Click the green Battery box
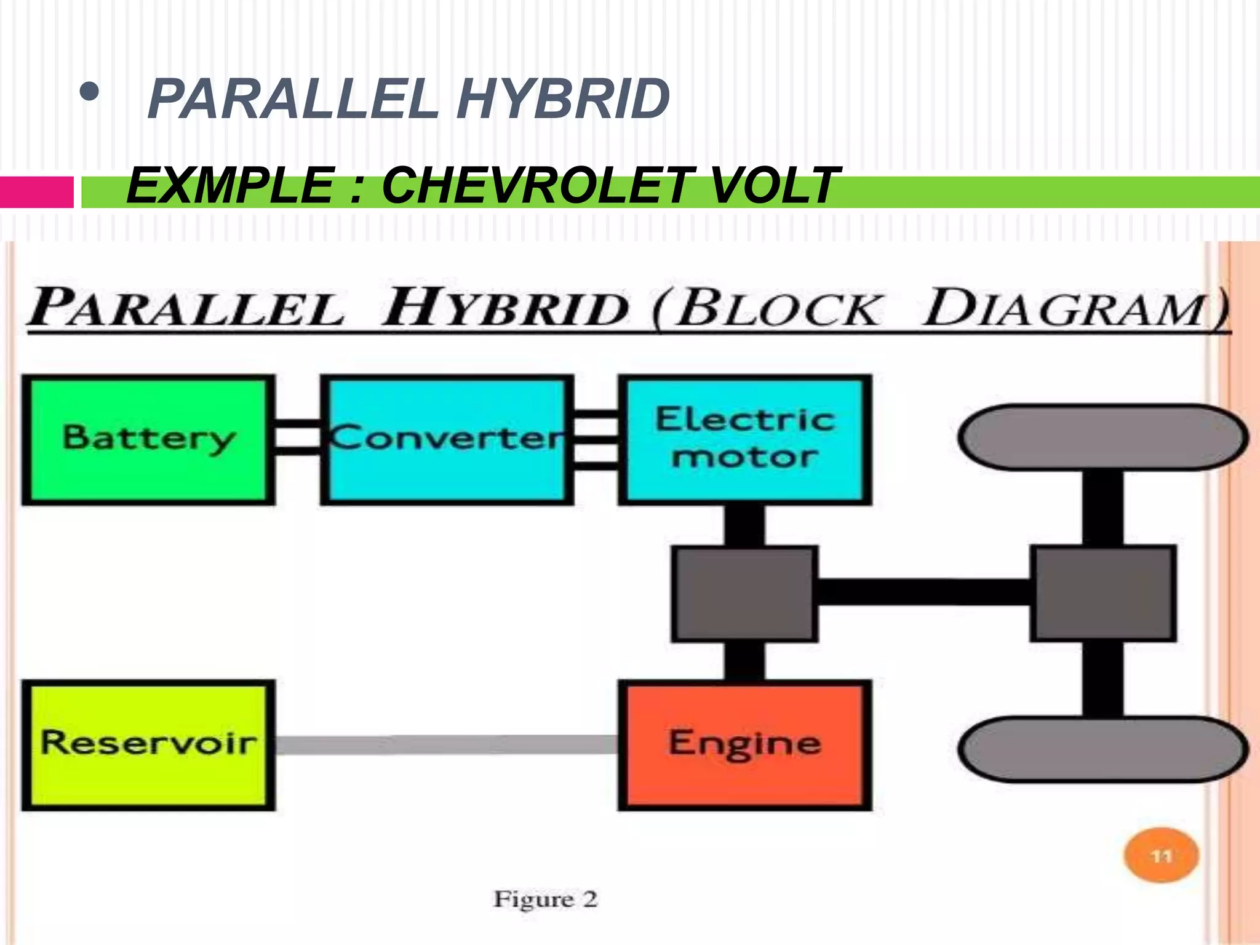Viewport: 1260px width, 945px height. coord(148,439)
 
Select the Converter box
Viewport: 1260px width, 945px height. coord(447,439)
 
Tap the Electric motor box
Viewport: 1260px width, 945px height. coord(744,439)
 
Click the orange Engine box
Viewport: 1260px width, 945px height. coord(744,744)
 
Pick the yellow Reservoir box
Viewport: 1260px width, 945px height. coord(148,744)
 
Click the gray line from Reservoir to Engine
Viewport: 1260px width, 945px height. coord(446,744)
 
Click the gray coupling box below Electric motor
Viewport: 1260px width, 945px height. coord(744,594)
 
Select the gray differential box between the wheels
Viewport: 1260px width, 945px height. coord(1103,594)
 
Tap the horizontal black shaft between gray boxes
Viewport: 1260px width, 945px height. coord(923,592)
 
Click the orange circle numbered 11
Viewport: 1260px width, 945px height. coord(1161,856)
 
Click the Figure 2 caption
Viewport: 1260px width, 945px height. coord(545,899)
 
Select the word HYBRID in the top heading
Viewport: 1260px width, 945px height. coord(563,100)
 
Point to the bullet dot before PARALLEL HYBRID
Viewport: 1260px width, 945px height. coord(89,92)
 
